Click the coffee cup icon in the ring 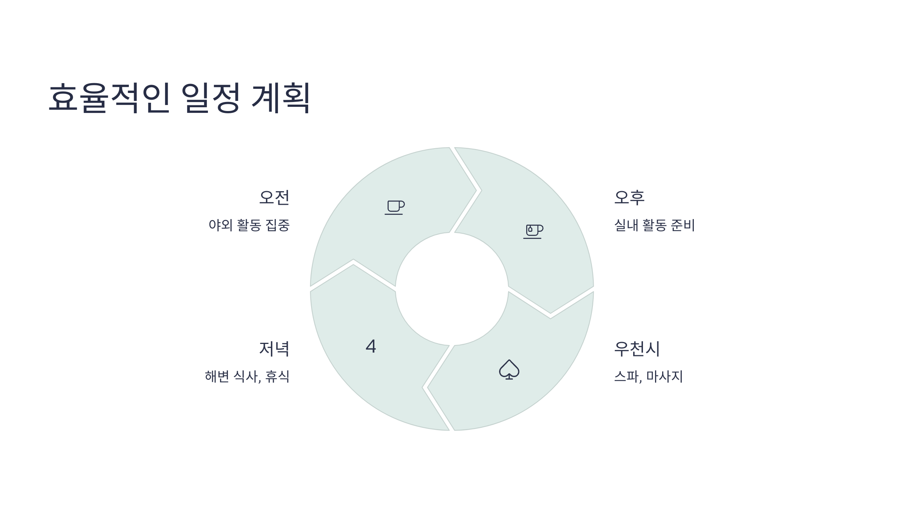pos(394,207)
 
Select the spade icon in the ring pos(509,370)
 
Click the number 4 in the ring pos(371,346)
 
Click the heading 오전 pos(274,198)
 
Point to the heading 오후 pos(629,198)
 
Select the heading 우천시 pos(637,349)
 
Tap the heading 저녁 pos(274,349)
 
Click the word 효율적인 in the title pos(110,98)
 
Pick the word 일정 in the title pos(211,98)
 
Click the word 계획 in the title pos(281,98)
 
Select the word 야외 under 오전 pos(220,225)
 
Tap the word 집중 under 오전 pos(278,225)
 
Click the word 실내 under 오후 pos(626,225)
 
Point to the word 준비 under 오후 pos(683,225)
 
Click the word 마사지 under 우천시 pos(665,377)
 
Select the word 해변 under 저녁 pos(217,377)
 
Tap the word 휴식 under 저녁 pos(278,377)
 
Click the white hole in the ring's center pos(452,289)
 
